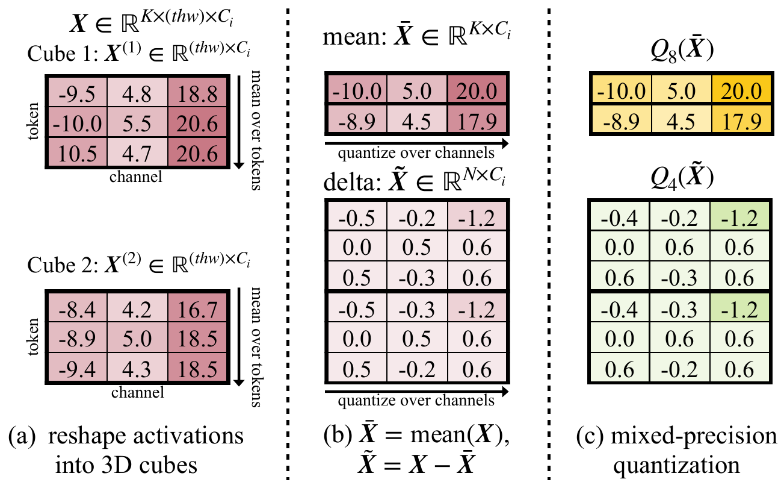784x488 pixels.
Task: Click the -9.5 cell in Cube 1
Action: (x=78, y=93)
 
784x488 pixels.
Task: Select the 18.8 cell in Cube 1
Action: (x=197, y=93)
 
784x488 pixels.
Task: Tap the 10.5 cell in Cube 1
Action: (x=78, y=152)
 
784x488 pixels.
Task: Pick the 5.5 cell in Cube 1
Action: (x=137, y=122)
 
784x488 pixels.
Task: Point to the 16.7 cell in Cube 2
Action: (x=197, y=308)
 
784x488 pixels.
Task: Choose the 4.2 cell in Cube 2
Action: (x=137, y=308)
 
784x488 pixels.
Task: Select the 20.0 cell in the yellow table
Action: (x=741, y=89)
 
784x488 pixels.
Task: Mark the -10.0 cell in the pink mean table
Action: (x=357, y=89)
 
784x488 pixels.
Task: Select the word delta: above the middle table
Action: (x=352, y=183)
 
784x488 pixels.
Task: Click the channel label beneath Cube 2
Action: (x=138, y=392)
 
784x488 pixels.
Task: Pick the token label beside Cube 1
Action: (x=33, y=121)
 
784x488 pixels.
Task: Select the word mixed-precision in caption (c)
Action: (x=694, y=436)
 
